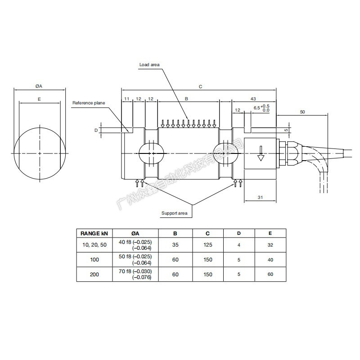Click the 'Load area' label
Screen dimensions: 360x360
pos(150,65)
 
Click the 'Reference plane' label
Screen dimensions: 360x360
pos(89,103)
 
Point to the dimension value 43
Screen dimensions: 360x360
pos(253,99)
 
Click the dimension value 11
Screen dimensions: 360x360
pos(127,99)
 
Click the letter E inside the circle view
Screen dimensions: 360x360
pos(40,99)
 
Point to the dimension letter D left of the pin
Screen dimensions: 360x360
pos(96,130)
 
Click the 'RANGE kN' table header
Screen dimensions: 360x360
pos(94,233)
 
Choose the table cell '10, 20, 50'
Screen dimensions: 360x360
pos(94,245)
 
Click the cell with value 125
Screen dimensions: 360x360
pos(207,245)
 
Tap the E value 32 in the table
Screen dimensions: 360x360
pos(270,245)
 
